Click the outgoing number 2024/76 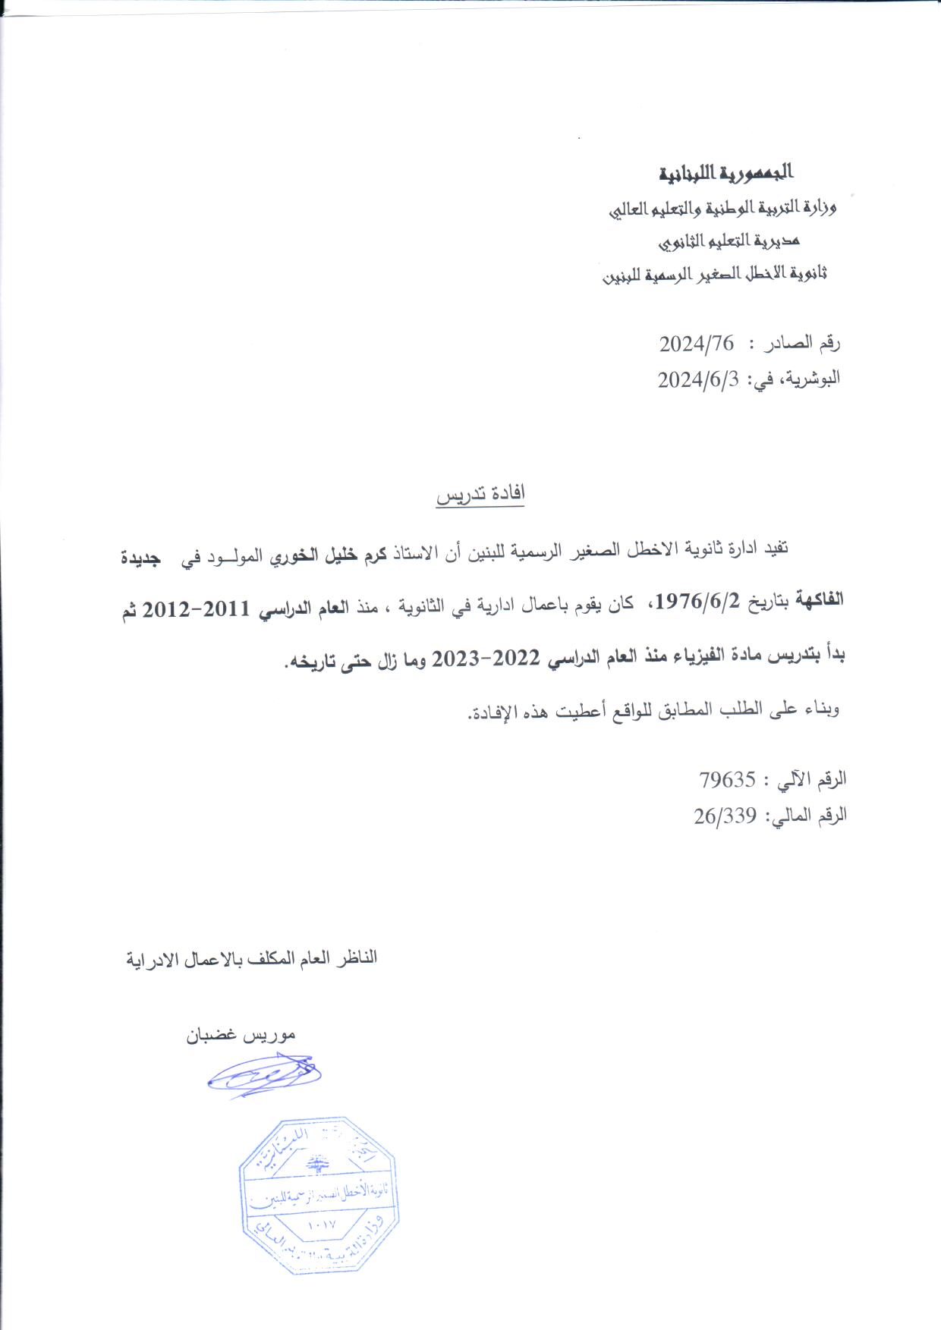click(696, 344)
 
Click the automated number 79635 click(728, 779)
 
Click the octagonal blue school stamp click(319, 1195)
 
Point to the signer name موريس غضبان click(241, 1035)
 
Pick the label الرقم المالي click(807, 816)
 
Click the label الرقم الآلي click(810, 779)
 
